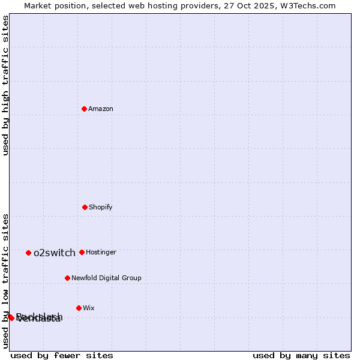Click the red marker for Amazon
coord(84,109)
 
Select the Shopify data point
coord(85,207)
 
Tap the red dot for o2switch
coord(28,253)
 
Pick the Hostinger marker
coord(82,252)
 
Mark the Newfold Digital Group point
coord(67,278)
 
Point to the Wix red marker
coord(79,308)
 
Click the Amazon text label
coord(101,109)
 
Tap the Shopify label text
coord(101,207)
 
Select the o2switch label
coord(55,253)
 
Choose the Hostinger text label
coord(101,252)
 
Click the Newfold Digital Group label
coord(106,278)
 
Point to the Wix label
coord(89,308)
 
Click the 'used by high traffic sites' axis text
coord(5,86)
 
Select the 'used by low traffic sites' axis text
coord(5,280)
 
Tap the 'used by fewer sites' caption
coord(62,355)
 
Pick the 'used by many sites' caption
coord(301,355)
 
